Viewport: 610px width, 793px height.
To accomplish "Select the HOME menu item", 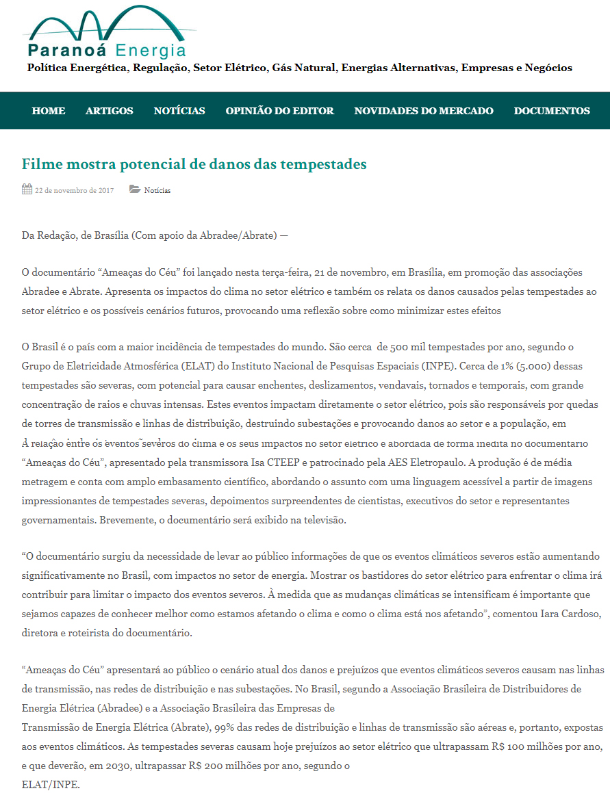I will (x=49, y=111).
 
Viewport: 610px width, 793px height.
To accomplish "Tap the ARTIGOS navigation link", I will (x=110, y=111).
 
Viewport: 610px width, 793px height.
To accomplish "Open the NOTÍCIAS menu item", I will (x=179, y=111).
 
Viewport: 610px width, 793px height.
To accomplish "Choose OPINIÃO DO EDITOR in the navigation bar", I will (x=280, y=111).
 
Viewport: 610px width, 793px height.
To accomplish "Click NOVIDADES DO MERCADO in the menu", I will (x=424, y=111).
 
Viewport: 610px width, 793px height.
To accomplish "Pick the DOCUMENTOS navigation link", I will (x=552, y=111).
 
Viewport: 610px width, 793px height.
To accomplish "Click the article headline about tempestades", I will (x=194, y=164).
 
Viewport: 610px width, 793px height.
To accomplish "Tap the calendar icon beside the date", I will (x=27, y=190).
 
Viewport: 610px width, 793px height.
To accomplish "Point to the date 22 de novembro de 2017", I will (x=75, y=190).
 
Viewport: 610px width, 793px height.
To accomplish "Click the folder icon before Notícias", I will (x=135, y=190).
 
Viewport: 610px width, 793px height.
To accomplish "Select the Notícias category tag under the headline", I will (x=157, y=190).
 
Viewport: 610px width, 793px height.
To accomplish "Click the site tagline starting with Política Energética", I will (x=299, y=68).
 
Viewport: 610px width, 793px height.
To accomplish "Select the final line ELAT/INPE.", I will (x=51, y=784).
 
